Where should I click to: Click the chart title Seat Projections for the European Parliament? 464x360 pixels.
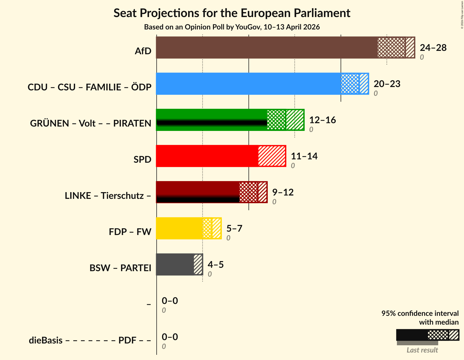[x=232, y=13]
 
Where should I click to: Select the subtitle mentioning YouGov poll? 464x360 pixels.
[x=232, y=27]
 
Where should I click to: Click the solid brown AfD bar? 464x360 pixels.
[x=266, y=48]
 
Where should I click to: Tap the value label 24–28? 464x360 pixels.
[x=433, y=48]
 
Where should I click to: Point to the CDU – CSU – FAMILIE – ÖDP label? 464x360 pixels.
[x=89, y=87]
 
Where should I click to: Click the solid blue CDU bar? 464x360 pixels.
[x=248, y=84]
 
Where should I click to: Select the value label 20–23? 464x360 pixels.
[x=387, y=84]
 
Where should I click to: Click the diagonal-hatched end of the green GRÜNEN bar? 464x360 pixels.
[x=295, y=120]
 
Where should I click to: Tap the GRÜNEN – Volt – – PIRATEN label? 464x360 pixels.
[x=90, y=123]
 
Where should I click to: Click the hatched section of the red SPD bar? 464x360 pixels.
[x=272, y=156]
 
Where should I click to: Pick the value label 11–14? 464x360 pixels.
[x=304, y=156]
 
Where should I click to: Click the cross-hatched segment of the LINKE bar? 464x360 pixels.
[x=248, y=192]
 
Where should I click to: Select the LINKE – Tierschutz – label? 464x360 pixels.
[x=108, y=196]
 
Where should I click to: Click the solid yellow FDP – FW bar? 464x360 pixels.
[x=179, y=228]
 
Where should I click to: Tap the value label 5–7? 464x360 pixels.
[x=234, y=229]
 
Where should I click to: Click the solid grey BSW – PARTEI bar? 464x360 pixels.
[x=175, y=264]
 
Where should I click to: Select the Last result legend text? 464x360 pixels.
[x=422, y=350]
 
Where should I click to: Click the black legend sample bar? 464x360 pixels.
[x=412, y=335]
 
